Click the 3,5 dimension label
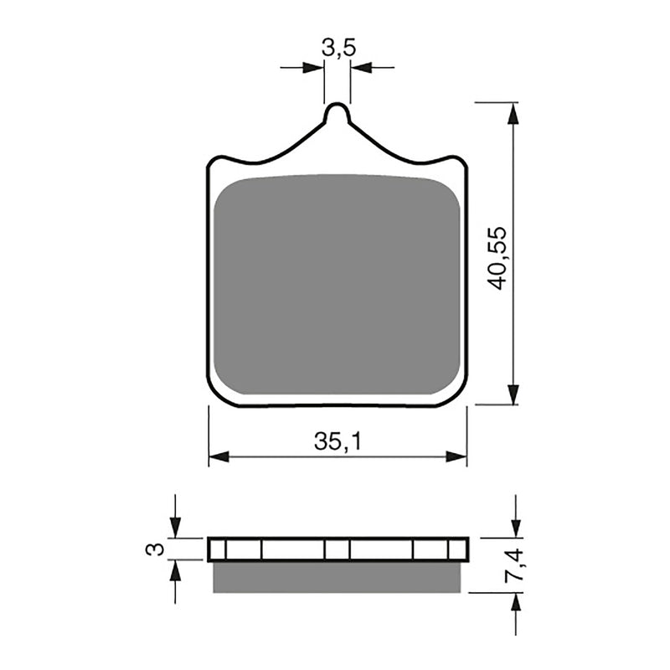[338, 48]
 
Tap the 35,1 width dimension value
[338, 442]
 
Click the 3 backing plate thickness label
[153, 549]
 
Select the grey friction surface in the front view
[337, 285]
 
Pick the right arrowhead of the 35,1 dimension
[456, 456]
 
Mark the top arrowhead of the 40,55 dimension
[512, 112]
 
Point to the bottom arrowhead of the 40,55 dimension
[512, 394]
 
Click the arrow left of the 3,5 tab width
[313, 67]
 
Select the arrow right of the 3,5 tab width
[360, 67]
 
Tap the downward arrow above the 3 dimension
[175, 528]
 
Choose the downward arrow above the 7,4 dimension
[515, 528]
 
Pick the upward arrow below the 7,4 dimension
[515, 603]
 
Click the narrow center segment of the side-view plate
[337, 549]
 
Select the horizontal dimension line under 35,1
[338, 457]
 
